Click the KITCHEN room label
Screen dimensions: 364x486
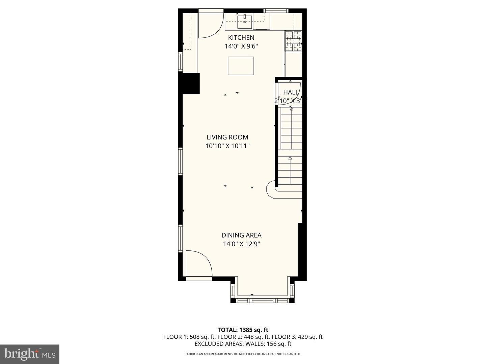[241, 37]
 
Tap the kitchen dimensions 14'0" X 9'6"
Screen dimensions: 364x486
[241, 46]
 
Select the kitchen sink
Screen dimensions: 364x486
[244, 22]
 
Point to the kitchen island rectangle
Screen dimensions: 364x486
[241, 66]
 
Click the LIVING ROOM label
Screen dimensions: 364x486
[227, 137]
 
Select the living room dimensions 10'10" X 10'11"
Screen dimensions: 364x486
[227, 146]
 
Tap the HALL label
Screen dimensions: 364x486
[291, 92]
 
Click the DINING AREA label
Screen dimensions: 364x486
[241, 235]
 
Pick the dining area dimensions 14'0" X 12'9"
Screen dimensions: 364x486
[241, 244]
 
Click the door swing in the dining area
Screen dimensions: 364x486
[198, 265]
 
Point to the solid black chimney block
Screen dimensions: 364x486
[191, 83]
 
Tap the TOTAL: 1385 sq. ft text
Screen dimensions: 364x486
[243, 330]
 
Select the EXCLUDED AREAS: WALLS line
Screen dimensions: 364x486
[243, 344]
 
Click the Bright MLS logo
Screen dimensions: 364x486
[30, 354]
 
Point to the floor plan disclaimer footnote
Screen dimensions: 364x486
[243, 354]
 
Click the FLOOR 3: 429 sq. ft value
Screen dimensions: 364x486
[297, 337]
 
